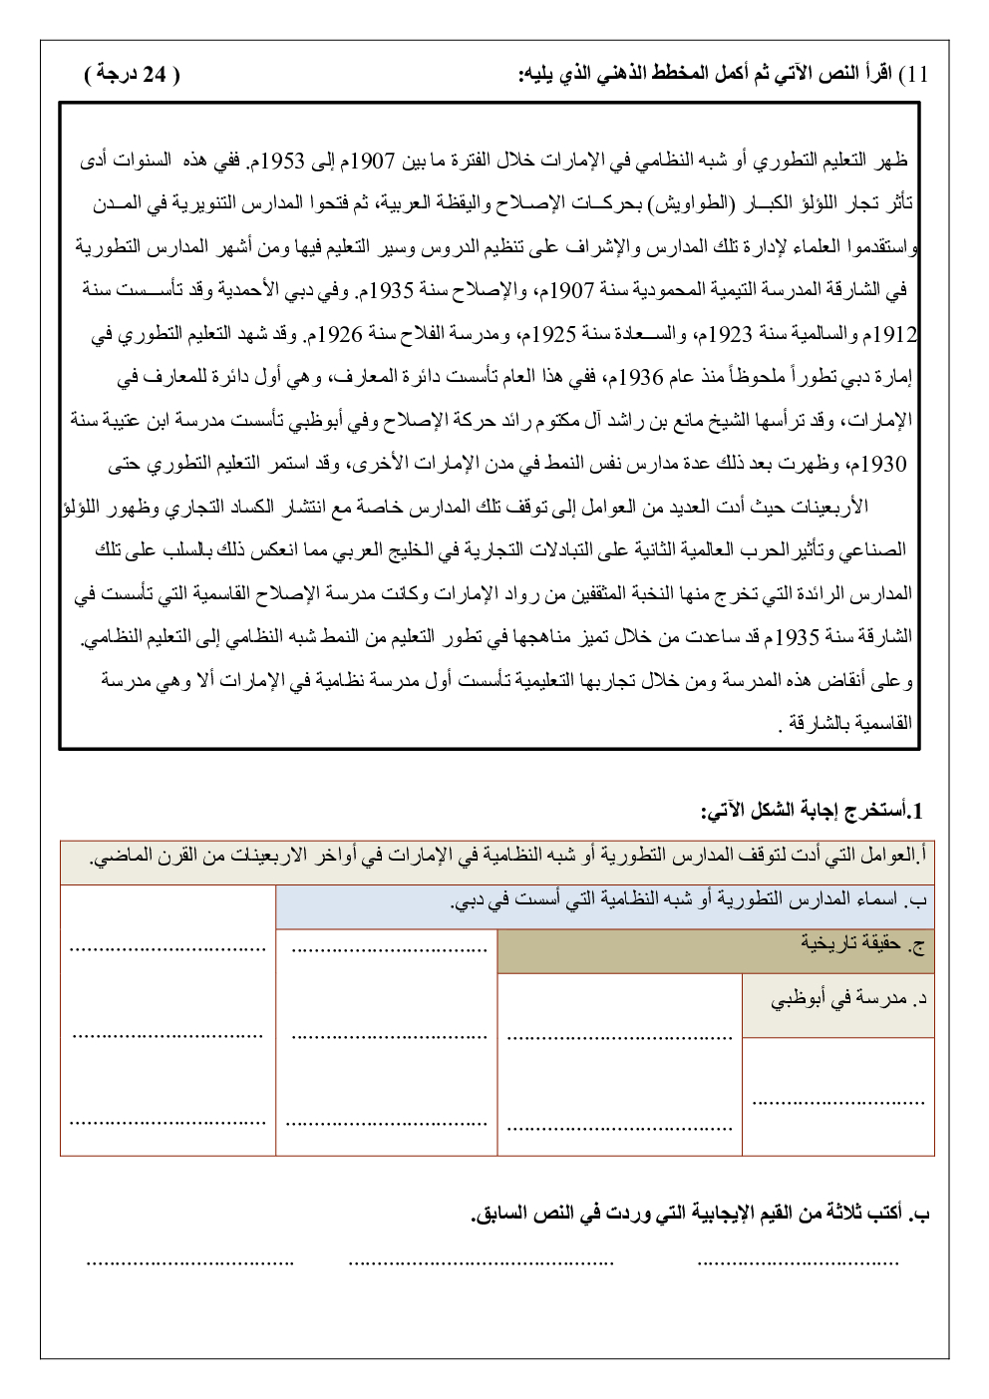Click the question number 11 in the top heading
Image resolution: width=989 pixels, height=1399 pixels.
coord(917,75)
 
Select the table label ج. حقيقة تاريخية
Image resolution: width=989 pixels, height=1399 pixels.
coord(863,943)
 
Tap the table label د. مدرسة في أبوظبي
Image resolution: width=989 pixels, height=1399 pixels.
coord(849,999)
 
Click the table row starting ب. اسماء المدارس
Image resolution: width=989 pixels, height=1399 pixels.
coord(688,900)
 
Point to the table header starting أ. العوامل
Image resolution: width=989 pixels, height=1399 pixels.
coord(508,857)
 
